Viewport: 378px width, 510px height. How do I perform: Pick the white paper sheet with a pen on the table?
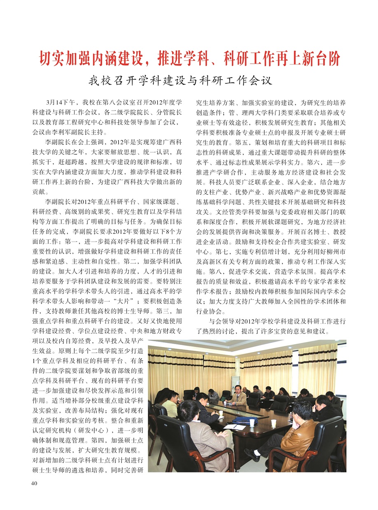233,427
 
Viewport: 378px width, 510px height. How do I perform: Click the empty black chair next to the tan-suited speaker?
254,398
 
